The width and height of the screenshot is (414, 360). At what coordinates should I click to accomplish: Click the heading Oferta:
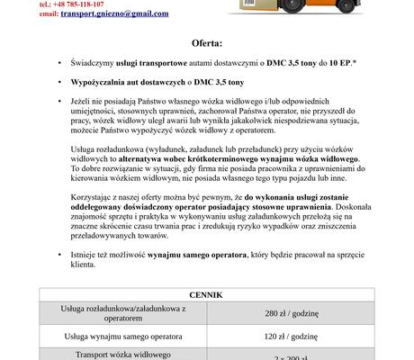click(x=207, y=42)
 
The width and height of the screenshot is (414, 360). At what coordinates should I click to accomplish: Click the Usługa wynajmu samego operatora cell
click(x=122, y=337)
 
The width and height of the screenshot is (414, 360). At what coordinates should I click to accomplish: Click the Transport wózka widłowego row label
click(x=122, y=355)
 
